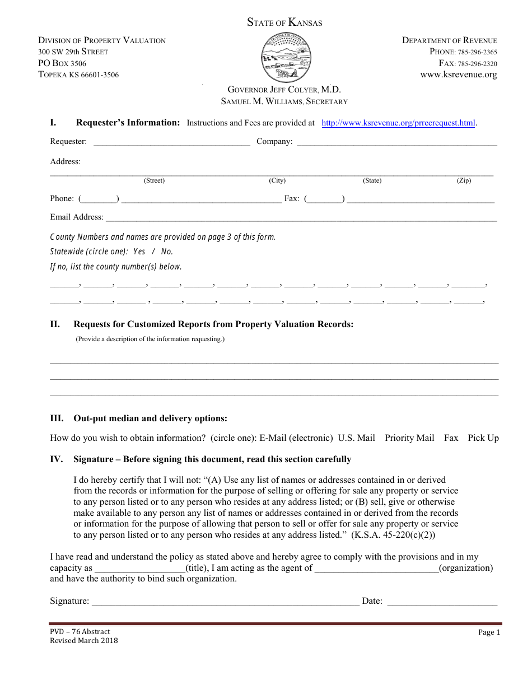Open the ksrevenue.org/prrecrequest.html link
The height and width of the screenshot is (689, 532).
[398, 123]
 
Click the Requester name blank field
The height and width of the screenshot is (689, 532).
[171, 142]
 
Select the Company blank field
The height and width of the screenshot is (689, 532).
[396, 142]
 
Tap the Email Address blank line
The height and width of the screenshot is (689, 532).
[301, 218]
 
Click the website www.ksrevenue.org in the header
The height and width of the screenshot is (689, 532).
[459, 75]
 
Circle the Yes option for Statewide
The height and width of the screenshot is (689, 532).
[139, 252]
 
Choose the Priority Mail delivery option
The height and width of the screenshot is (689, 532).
[409, 438]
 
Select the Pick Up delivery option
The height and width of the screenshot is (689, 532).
[483, 438]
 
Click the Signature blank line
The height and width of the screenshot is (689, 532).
[225, 602]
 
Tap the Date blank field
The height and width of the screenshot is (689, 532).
[442, 602]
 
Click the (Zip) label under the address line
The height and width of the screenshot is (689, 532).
[464, 181]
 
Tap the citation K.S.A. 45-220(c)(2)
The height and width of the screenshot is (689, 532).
[393, 535]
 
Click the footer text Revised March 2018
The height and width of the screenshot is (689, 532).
[84, 641]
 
